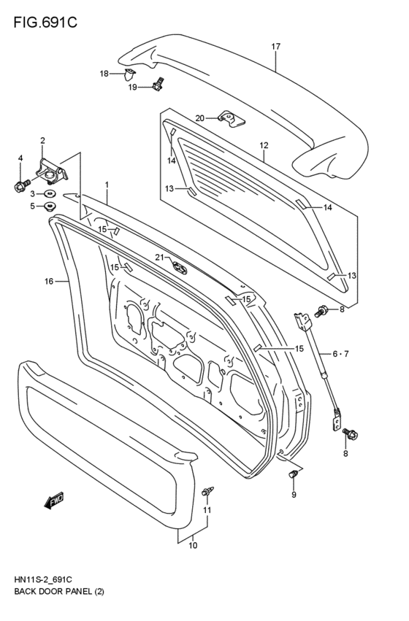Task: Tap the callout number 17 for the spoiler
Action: (x=276, y=47)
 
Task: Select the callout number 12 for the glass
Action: (x=264, y=145)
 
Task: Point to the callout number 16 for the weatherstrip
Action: (x=49, y=280)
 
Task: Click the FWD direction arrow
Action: (x=54, y=500)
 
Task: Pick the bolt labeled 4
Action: (x=20, y=186)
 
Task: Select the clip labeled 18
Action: (x=130, y=73)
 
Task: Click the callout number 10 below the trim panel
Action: (x=194, y=545)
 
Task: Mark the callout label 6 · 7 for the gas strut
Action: (x=341, y=354)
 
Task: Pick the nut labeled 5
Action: (x=51, y=207)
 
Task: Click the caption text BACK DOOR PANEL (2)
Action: (x=59, y=592)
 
